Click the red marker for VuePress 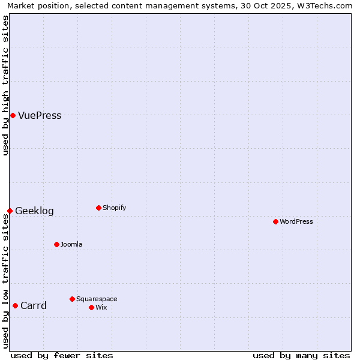13,115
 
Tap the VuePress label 40,116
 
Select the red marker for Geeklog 10,211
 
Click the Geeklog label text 34,211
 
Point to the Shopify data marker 98,208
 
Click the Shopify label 114,208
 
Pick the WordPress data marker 275,221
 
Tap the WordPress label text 296,222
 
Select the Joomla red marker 56,244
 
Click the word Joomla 71,245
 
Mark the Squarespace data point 72,299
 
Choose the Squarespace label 97,299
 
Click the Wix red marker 91,307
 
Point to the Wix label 101,308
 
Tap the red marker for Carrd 15,305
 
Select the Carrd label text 34,306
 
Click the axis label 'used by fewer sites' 62,356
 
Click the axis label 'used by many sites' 301,356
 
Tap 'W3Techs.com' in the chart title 327,5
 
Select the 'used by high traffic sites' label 5,85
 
